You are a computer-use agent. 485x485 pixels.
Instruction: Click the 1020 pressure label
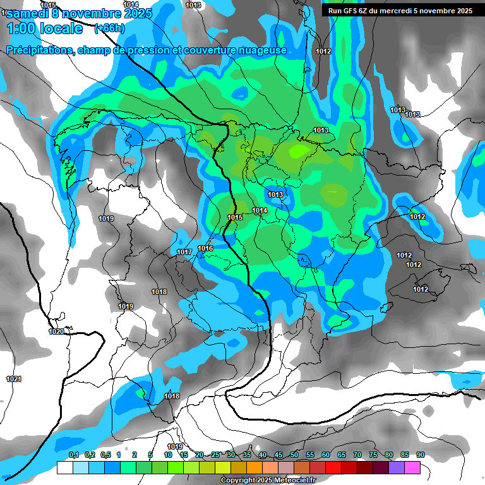[56, 332]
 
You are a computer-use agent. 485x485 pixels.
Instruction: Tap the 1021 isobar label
[14, 379]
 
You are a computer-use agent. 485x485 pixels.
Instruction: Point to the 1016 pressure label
[205, 248]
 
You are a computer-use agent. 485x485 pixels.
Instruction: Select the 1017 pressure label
[184, 252]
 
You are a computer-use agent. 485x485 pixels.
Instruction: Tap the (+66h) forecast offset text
[109, 28]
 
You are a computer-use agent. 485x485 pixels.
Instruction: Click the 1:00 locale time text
[44, 28]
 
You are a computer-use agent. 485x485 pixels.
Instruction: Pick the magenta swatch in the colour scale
[412, 467]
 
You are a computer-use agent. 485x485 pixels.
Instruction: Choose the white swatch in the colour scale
[64, 467]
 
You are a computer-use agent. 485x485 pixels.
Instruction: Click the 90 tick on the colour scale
[421, 455]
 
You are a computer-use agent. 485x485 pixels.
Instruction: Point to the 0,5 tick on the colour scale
[105, 455]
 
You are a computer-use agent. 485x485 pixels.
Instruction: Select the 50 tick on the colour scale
[294, 455]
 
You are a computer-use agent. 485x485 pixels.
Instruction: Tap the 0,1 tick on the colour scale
[73, 455]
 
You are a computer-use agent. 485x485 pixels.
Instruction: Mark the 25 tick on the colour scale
[215, 455]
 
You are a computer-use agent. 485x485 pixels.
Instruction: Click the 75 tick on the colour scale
[373, 455]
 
